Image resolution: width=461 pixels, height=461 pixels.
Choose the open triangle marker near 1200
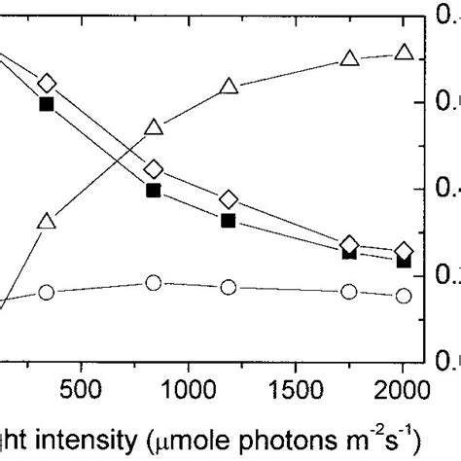point(229,86)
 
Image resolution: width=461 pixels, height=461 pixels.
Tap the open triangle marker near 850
point(154,127)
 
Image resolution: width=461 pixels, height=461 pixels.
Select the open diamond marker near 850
point(154,170)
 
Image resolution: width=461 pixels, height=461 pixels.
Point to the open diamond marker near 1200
point(229,199)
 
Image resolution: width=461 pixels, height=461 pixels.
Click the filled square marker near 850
point(154,191)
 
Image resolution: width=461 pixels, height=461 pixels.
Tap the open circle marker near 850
point(154,283)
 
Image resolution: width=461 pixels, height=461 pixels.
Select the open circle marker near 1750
point(349,291)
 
